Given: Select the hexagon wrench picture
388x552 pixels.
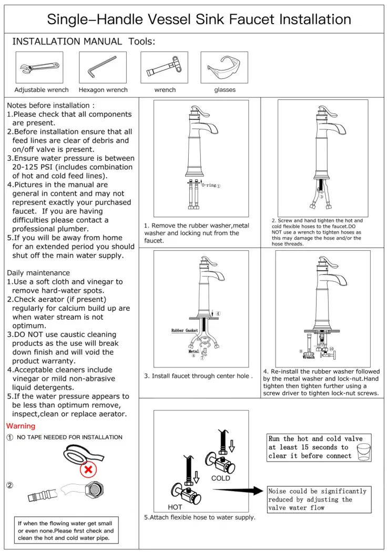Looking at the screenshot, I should (103, 67).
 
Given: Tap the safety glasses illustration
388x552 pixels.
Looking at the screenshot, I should (224, 68).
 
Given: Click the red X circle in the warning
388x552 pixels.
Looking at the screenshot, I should (89, 468).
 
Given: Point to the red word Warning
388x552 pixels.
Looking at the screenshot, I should (21, 426).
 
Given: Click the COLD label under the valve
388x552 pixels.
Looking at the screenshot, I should (221, 478).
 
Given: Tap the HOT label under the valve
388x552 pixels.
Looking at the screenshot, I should (175, 507).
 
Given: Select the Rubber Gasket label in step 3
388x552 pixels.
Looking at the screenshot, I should (184, 331).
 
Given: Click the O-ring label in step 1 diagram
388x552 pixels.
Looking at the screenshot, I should (209, 186).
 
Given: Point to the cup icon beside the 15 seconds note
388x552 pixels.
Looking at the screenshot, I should (363, 451).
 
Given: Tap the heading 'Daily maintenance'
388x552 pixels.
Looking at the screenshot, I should (38, 273).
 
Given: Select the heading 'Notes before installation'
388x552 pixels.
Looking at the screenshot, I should (50, 105).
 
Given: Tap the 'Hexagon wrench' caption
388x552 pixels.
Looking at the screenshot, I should (103, 90).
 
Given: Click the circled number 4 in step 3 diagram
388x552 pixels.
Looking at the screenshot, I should (218, 314).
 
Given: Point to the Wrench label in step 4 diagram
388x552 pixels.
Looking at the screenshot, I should (309, 357).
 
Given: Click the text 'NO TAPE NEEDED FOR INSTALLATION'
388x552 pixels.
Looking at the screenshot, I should (69, 437).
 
